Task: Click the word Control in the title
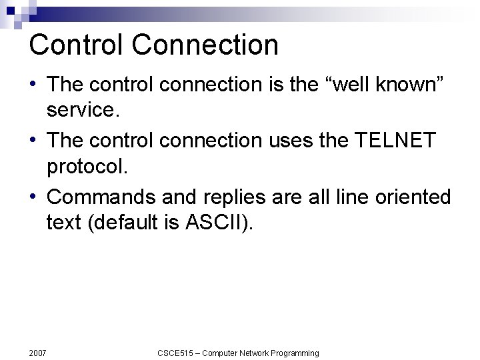click(76, 45)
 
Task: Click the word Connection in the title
click(205, 45)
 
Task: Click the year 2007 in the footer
click(37, 353)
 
